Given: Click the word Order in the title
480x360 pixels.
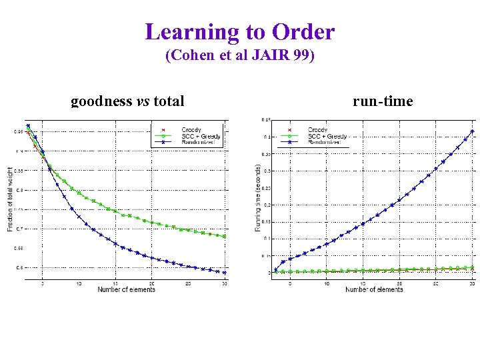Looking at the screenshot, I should [304, 31].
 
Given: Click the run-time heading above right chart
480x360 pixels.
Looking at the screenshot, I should [383, 101].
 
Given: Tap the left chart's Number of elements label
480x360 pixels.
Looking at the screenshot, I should [127, 289].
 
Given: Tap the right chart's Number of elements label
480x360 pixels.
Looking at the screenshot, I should [374, 289].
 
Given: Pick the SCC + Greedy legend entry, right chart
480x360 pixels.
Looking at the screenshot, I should [327, 136].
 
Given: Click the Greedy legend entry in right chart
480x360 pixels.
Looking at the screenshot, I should [317, 129].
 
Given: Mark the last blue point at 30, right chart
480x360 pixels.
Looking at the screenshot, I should [473, 131].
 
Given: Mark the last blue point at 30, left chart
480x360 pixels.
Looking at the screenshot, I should [225, 273].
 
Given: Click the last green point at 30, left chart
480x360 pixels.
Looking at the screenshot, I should [225, 236].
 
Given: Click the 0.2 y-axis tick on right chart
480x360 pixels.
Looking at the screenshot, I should [265, 205].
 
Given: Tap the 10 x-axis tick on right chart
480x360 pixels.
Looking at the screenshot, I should [327, 283].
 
